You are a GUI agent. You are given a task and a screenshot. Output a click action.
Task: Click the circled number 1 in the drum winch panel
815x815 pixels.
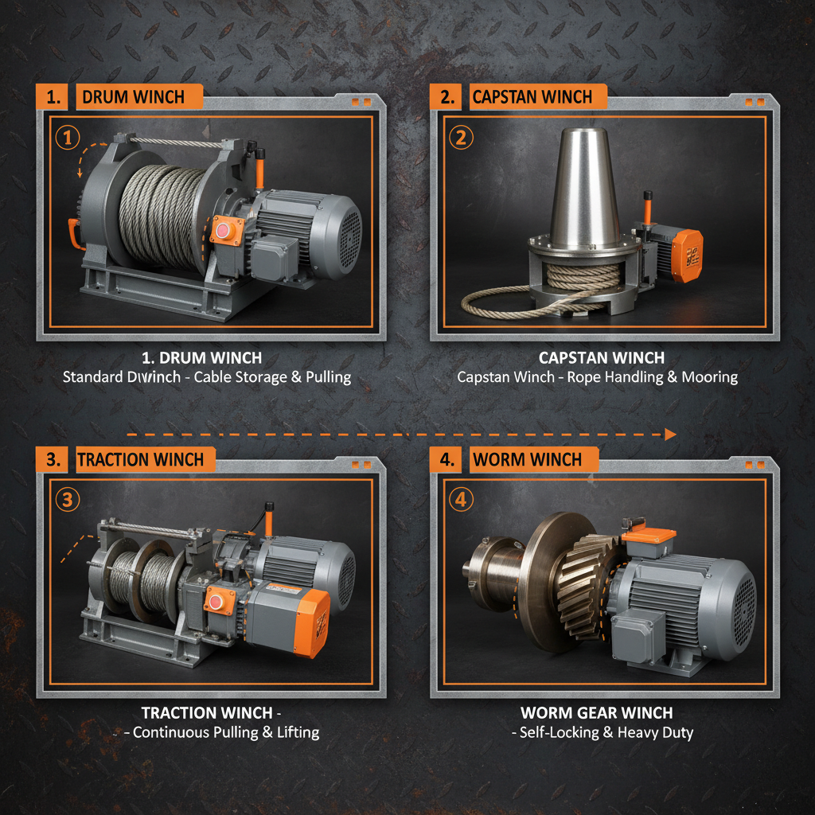click(x=68, y=138)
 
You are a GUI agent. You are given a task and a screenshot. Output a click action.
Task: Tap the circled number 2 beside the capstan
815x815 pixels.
click(x=460, y=138)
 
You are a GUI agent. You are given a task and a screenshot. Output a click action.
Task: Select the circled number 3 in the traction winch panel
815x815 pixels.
click(x=68, y=500)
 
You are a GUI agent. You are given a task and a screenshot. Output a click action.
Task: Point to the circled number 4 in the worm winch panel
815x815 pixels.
click(x=461, y=500)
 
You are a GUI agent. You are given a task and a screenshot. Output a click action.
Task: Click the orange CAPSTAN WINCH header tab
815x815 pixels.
click(x=532, y=97)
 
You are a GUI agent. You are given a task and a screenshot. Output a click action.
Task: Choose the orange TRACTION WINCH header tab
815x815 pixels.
click(x=140, y=459)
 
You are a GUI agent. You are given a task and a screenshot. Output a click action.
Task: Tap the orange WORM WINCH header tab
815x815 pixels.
click(x=527, y=459)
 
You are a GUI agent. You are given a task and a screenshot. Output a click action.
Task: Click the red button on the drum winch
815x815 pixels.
click(x=221, y=231)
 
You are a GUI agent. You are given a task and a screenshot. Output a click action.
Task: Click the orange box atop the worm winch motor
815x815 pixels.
click(x=648, y=537)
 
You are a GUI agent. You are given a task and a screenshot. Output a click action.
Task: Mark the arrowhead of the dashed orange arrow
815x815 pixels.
click(x=670, y=434)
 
